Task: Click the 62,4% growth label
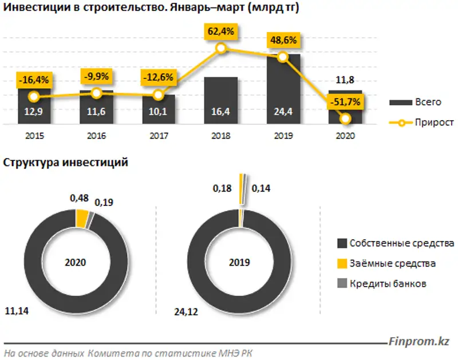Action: [220, 32]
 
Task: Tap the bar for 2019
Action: [283, 89]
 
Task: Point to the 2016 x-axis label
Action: [96, 136]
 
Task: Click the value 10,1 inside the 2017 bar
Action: [158, 113]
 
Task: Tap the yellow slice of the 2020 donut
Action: [82, 218]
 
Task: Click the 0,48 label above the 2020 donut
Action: [79, 198]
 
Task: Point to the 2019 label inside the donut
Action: [239, 263]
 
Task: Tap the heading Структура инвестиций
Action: [65, 163]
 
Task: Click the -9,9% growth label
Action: [96, 76]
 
